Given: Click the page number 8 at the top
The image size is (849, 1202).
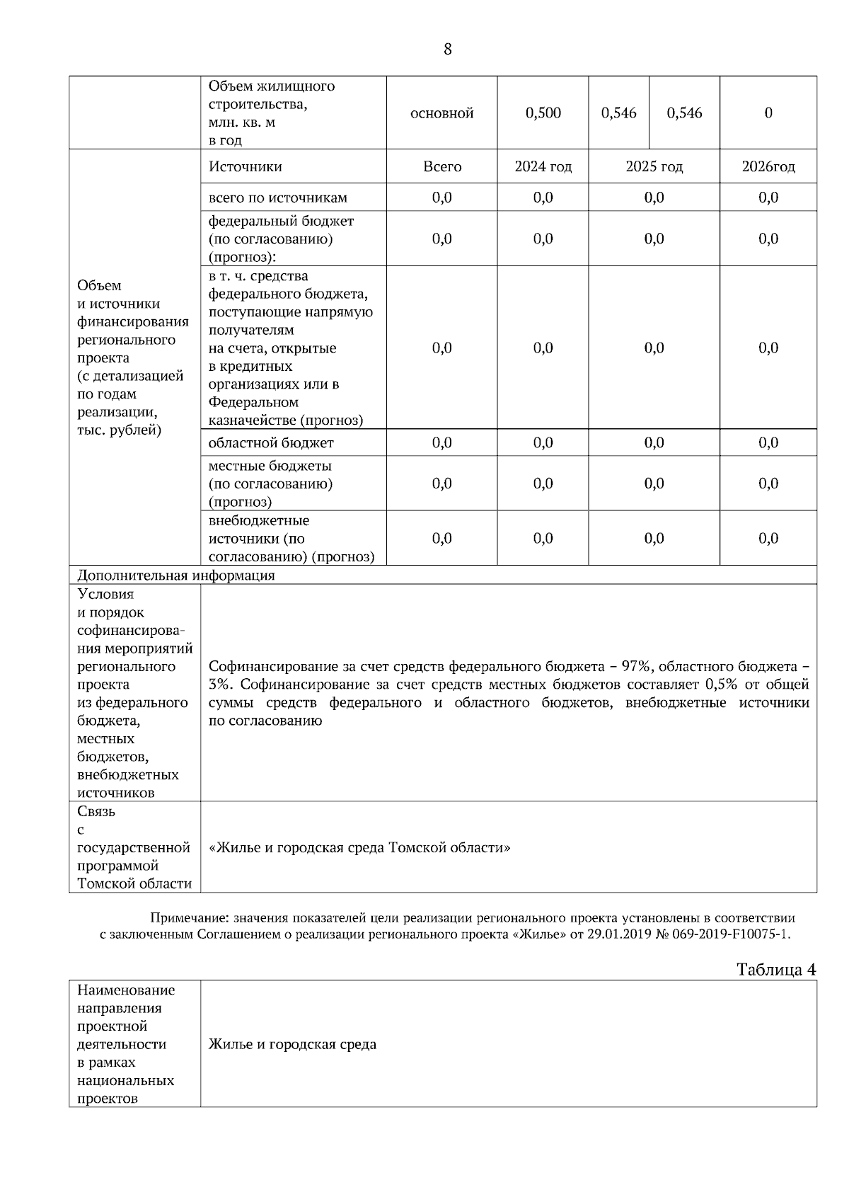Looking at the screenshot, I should [447, 50].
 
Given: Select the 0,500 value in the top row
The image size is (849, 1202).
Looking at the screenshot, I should [543, 113].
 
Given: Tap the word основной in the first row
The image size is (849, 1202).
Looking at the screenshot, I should [441, 113].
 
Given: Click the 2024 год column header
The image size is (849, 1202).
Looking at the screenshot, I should [543, 167].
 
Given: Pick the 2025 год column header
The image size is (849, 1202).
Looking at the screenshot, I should [654, 167].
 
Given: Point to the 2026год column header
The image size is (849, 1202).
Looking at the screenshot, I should [768, 167].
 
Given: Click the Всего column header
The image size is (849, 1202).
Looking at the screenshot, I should [441, 167].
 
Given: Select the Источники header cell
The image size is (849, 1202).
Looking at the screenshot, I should [245, 167].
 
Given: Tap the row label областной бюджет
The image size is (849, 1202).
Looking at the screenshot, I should [271, 443].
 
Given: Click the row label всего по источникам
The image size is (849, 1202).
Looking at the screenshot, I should [277, 198].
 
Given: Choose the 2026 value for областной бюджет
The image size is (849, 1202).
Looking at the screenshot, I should [768, 443].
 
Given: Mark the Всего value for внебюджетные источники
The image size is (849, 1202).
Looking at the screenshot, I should [441, 539].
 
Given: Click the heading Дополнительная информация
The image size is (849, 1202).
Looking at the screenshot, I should [175, 576].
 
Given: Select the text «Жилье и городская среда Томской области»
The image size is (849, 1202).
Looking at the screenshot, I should [359, 848].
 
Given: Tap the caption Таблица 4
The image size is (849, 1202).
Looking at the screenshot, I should [776, 970].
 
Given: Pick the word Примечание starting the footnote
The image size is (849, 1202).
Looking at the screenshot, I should [186, 918].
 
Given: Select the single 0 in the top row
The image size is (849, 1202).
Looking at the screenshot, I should [768, 113].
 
